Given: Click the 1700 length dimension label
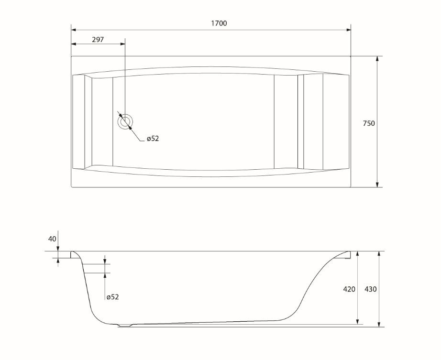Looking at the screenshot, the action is click(x=219, y=23).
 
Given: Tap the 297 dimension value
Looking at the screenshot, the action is click(x=98, y=40).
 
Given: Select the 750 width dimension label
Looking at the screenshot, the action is click(x=368, y=123).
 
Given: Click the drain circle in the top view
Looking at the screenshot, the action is click(x=125, y=122).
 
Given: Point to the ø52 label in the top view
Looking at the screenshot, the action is click(x=153, y=138).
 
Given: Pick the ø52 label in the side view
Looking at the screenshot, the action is click(x=112, y=297).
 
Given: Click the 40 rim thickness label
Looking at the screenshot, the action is click(x=52, y=239).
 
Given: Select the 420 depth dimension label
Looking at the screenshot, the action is click(x=349, y=289).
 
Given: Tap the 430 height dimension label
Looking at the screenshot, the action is click(x=370, y=289).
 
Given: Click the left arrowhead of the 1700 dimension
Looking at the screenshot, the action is click(x=73, y=30).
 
